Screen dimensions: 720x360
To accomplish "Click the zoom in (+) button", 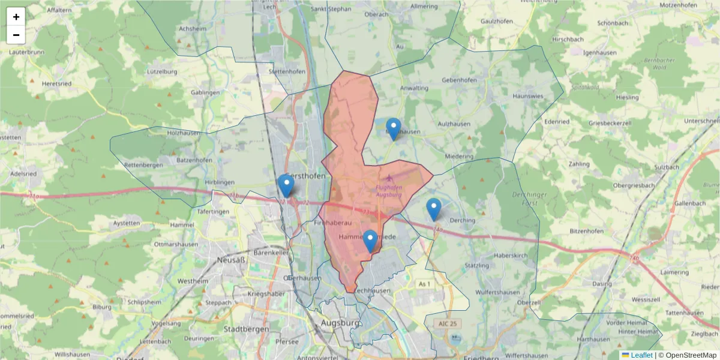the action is [x=16, y=17].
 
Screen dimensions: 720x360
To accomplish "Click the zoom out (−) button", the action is [x=16, y=35].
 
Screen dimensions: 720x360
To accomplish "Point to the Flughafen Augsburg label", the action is [x=388, y=191].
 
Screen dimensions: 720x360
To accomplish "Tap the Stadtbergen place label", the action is [x=241, y=329].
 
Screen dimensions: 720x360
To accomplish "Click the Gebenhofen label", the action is [x=459, y=80].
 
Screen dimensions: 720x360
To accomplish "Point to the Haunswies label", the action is [x=528, y=96].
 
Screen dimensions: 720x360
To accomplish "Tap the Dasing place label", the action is [x=602, y=283].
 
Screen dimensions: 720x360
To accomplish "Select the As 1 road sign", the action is [x=424, y=284].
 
